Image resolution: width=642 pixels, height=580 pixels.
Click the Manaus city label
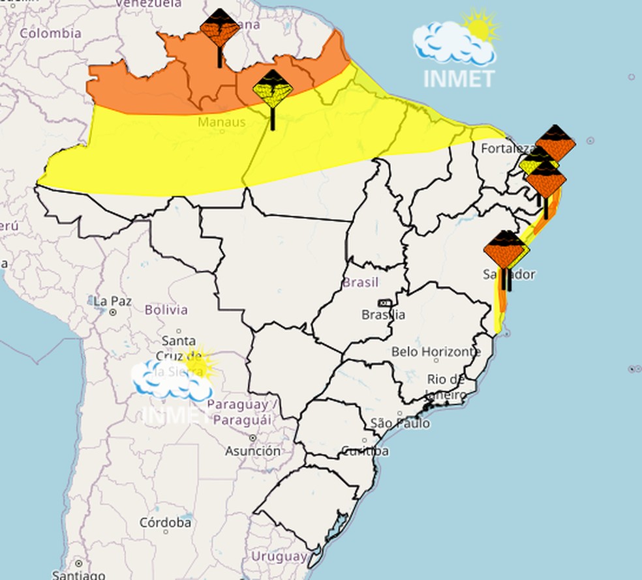coord(222,122)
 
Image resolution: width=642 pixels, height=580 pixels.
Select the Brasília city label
coord(383,315)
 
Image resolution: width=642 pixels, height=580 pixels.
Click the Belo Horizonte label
coord(436,352)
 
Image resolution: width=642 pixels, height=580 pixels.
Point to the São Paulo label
coord(400,424)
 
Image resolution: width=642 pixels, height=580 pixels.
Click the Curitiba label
coord(365,451)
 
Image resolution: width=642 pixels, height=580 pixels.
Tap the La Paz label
coord(112,301)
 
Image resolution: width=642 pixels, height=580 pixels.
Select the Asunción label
coord(253,450)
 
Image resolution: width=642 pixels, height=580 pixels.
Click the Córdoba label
coord(166,523)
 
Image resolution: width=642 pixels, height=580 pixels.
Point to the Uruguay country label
coord(279,557)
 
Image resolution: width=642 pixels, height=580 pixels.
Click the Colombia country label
coord(50,33)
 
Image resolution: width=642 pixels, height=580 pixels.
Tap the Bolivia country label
coord(166,310)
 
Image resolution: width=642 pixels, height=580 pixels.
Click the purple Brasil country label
coord(360,283)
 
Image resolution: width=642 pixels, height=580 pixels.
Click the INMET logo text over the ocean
coord(459,78)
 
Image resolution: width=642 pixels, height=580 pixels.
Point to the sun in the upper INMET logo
coord(481,27)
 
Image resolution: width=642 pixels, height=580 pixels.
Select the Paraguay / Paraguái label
coord(239,412)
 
